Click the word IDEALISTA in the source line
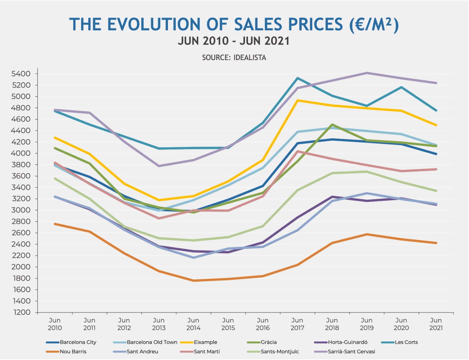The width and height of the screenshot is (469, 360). (x=250, y=57)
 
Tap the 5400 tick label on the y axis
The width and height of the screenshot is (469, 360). (x=21, y=74)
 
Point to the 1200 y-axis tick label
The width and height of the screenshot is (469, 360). (x=22, y=312)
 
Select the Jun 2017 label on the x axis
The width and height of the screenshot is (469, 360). (x=297, y=324)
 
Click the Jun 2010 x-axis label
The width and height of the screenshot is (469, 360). (x=55, y=324)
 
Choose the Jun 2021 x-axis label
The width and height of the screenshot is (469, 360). (x=436, y=324)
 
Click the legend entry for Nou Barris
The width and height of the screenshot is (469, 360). (x=73, y=352)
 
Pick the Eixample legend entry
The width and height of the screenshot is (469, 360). (x=205, y=342)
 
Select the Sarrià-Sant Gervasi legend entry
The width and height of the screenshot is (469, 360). (x=351, y=352)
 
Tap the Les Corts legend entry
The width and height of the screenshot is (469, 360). (x=406, y=342)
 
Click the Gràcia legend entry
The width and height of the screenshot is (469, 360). (x=269, y=342)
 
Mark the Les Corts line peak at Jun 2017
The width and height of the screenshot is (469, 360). (x=297, y=78)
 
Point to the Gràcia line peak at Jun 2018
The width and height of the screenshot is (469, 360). (x=332, y=124)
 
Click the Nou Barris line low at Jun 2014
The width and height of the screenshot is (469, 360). (x=193, y=281)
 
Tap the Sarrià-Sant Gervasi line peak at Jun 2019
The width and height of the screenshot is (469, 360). (x=367, y=73)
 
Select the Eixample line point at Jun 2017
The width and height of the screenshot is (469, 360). (x=298, y=100)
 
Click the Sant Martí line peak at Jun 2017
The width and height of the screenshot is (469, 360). (x=298, y=151)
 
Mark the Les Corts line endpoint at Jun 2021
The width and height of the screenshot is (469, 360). (x=436, y=110)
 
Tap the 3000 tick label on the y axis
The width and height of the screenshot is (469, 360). (x=21, y=210)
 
